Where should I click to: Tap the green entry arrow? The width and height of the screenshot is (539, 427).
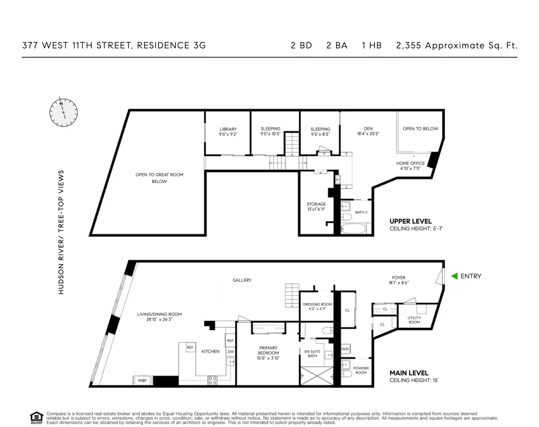[454, 276]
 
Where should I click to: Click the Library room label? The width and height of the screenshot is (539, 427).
[228, 132]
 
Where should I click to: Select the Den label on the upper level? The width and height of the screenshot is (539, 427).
[368, 131]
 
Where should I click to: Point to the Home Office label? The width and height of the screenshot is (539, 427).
[410, 166]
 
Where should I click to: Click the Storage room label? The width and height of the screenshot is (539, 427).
[316, 207]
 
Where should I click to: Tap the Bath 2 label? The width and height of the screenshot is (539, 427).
[361, 212]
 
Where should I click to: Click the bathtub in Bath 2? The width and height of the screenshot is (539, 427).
[354, 228]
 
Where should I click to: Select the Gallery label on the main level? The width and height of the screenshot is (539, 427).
[242, 280]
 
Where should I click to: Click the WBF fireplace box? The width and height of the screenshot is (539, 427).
[142, 380]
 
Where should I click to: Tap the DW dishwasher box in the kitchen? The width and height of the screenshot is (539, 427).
[231, 352]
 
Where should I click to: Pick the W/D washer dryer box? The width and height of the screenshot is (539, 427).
[345, 349]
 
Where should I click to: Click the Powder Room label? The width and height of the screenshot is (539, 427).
[361, 370]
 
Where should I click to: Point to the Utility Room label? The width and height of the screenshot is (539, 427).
[414, 320]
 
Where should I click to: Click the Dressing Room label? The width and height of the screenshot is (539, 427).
[317, 307]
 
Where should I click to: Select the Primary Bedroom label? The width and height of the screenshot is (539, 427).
[268, 353]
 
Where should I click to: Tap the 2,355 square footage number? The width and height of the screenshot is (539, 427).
[408, 46]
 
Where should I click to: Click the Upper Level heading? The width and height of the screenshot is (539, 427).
[410, 221]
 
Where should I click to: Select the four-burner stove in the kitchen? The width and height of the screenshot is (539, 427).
[212, 380]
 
